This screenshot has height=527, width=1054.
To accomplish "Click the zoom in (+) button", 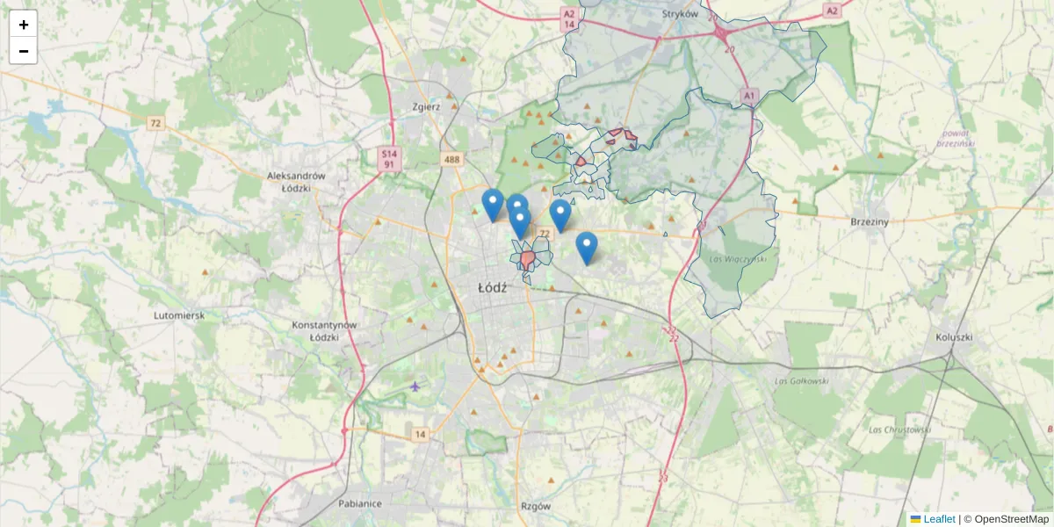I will click(24, 24).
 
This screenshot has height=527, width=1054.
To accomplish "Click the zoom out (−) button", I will click(24, 51).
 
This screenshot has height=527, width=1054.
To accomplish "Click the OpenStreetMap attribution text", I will click(1011, 519).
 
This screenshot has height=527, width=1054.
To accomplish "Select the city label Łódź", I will click(494, 288).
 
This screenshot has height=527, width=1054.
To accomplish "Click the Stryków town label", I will click(681, 14).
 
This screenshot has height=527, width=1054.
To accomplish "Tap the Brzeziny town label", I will click(870, 222).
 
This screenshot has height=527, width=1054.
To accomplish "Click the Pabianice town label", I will click(360, 504).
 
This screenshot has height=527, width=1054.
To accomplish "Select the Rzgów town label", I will click(535, 506).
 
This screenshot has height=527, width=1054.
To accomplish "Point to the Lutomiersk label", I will click(179, 314).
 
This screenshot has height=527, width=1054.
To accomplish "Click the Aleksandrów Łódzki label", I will click(296, 182).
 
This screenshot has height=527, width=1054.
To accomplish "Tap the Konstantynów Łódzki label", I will click(324, 330).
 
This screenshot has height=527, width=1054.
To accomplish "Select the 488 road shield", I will click(452, 159).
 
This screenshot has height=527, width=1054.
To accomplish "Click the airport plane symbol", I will click(415, 386).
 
